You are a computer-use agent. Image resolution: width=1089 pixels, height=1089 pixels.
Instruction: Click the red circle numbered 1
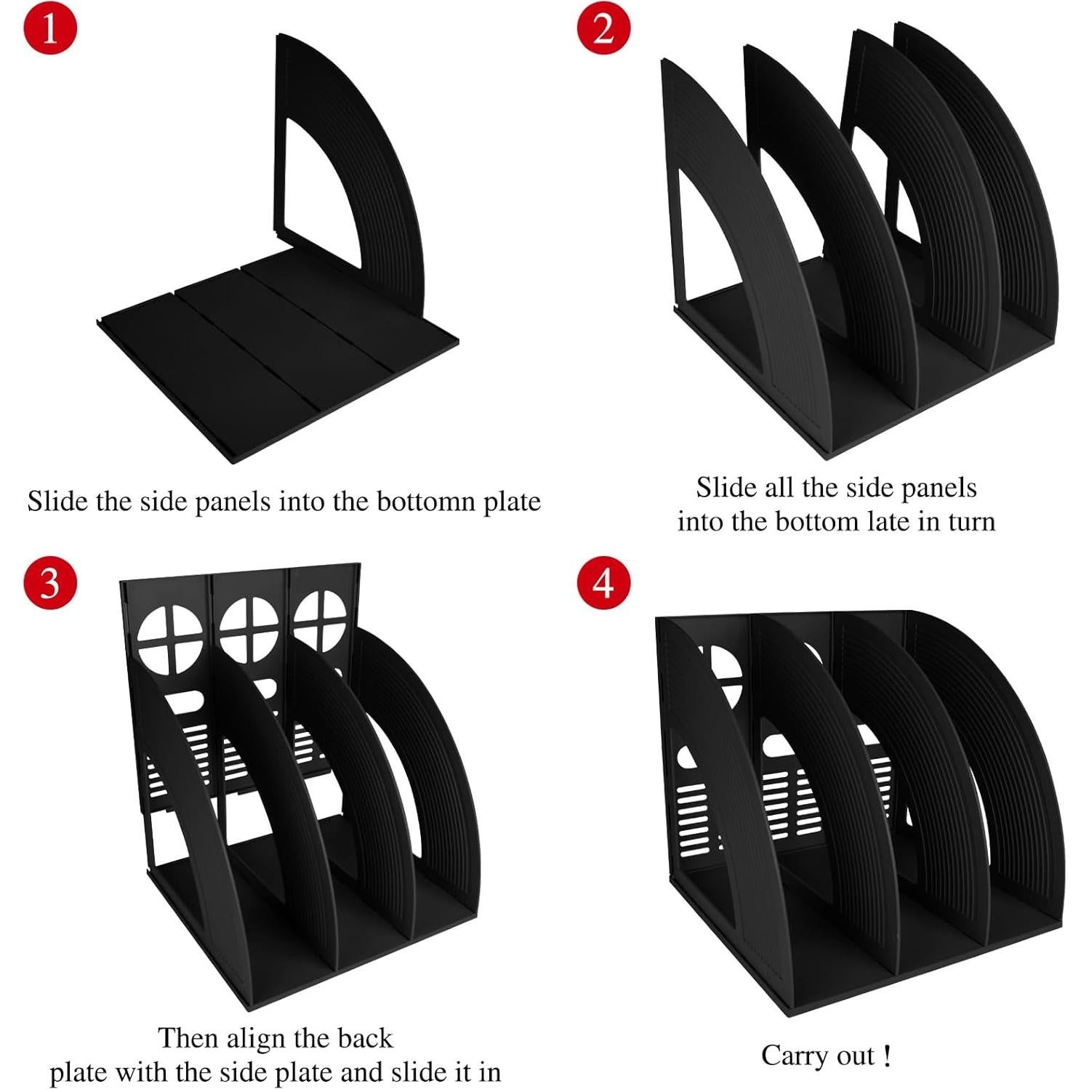pyautogui.click(x=49, y=29)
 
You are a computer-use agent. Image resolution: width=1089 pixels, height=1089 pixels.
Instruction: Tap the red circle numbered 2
pyautogui.click(x=603, y=29)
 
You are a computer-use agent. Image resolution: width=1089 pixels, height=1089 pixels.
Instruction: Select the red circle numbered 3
pyautogui.click(x=49, y=583)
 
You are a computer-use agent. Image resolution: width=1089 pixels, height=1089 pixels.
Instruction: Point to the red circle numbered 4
pyautogui.click(x=603, y=583)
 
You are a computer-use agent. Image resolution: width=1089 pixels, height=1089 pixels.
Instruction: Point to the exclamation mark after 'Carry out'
pyautogui.click(x=886, y=1056)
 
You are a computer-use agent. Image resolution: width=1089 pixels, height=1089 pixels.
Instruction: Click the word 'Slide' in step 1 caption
pyautogui.click(x=58, y=502)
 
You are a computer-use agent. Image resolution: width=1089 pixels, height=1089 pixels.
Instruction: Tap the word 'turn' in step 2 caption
pyautogui.click(x=971, y=521)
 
